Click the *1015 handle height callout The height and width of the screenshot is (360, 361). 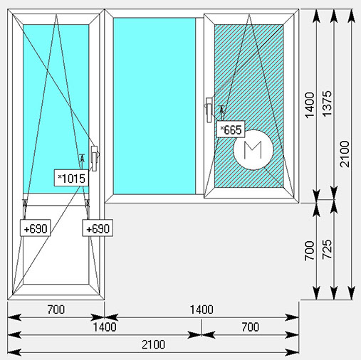point(71,178)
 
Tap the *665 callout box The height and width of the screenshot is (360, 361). point(231,129)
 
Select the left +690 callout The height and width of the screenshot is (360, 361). point(36,228)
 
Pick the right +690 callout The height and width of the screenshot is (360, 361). point(98,228)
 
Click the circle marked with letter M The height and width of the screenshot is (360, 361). point(253,149)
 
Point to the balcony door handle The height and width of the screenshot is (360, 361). point(94,158)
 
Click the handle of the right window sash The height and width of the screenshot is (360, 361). point(209,110)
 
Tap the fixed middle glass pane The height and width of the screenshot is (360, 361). point(155,106)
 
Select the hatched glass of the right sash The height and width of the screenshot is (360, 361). point(248,106)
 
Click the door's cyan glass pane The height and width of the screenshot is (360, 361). point(56,109)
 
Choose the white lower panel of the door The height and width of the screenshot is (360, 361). point(56,244)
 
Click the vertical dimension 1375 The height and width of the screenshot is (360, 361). point(327,103)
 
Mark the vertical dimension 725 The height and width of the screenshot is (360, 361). point(327,249)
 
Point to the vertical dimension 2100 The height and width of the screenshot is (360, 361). point(345,154)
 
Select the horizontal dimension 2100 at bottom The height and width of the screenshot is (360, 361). point(153,344)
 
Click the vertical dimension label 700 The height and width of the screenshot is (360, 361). point(310,250)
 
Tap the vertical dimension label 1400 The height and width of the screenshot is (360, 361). point(310,105)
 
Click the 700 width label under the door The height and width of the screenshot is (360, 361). point(56,309)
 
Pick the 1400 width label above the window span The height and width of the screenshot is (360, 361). point(202,309)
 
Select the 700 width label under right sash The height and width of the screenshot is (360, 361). point(251,327)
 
